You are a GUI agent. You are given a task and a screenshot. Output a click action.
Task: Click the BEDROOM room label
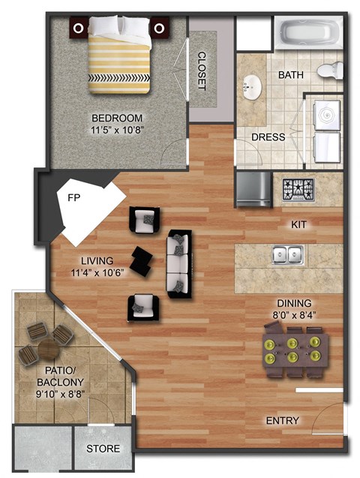(117, 117)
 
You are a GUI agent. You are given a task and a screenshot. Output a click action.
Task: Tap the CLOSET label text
(202, 71)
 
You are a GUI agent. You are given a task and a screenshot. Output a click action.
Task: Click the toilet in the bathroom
(328, 71)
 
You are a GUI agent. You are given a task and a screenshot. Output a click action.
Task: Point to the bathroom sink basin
(250, 86)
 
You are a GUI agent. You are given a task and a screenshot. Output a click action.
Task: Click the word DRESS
(268, 137)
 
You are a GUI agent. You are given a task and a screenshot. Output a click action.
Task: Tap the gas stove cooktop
(299, 189)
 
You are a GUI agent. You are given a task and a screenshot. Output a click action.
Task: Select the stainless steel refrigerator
(253, 190)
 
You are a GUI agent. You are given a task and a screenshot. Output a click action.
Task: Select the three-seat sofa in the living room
(178, 263)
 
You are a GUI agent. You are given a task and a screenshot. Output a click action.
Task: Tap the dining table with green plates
(295, 350)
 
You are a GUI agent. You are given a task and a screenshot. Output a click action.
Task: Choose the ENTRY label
(283, 420)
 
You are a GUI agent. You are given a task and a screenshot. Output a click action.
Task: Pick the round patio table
(49, 350)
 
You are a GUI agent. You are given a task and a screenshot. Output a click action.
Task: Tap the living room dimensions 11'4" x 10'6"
(97, 272)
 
